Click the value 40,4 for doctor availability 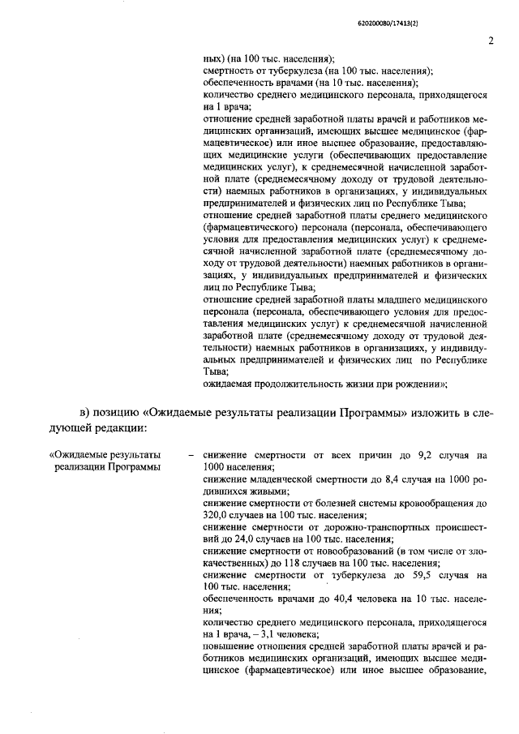point(326,599)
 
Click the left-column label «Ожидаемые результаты point(105,456)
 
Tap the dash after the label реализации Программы point(191,457)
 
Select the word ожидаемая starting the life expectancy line point(229,383)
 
